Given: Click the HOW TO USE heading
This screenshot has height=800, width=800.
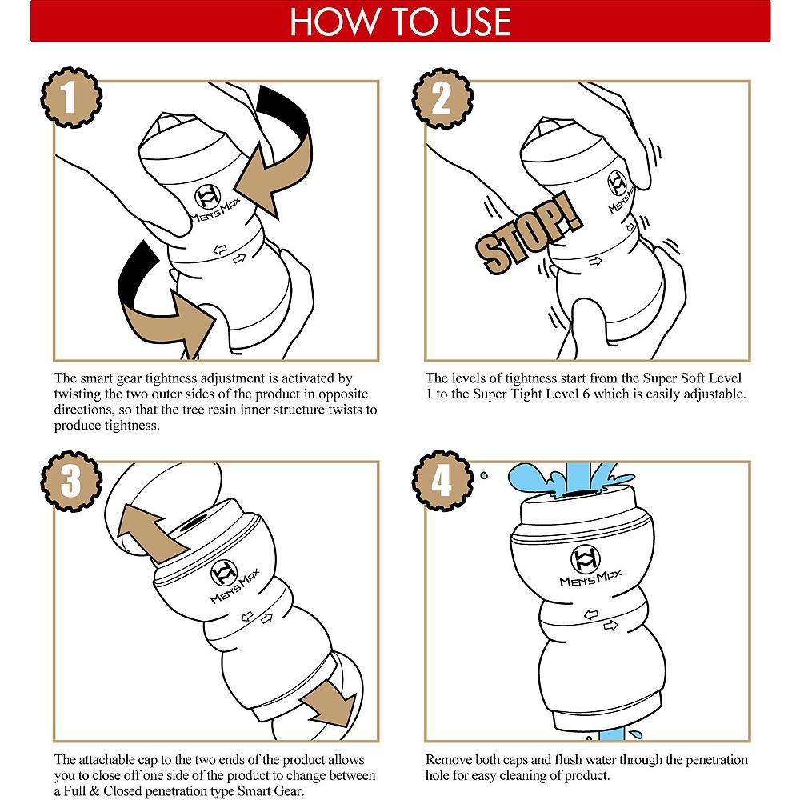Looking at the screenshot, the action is click(x=401, y=22).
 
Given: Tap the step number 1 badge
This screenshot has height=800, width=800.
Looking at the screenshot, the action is click(x=71, y=98).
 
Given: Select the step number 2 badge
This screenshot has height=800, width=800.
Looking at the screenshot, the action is click(x=442, y=98).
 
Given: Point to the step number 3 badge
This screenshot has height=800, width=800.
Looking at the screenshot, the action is click(x=71, y=481).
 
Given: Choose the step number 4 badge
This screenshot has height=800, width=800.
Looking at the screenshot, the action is click(x=442, y=481).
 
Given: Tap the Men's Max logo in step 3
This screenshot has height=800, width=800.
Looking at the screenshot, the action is click(x=232, y=581).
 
